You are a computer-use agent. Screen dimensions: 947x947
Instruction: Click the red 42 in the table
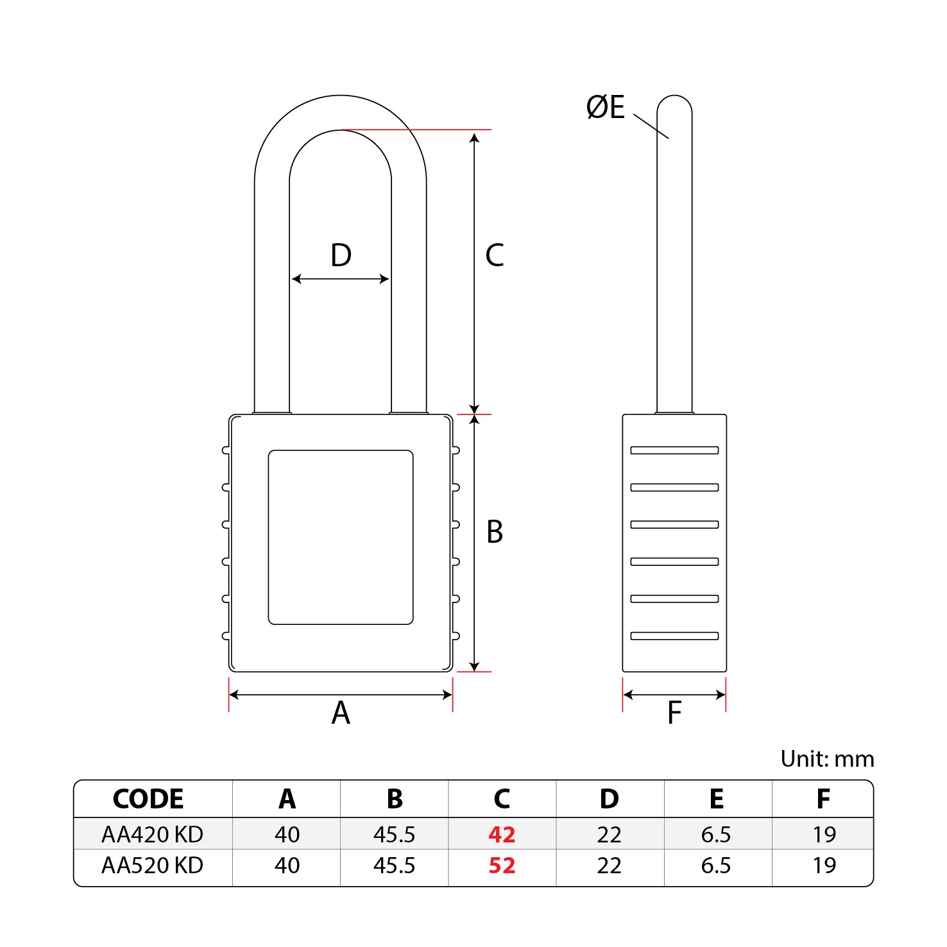click(502, 834)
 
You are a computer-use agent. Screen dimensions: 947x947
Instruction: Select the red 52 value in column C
click(502, 866)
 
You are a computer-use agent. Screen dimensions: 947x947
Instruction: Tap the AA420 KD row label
click(153, 834)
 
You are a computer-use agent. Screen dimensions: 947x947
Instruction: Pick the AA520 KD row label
click(153, 866)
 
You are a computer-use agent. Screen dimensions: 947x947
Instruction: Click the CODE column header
click(148, 799)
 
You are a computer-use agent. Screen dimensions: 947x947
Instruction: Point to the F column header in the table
click(824, 799)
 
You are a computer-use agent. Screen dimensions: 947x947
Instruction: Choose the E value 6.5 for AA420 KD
click(716, 834)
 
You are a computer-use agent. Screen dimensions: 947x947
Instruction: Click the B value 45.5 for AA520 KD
click(395, 866)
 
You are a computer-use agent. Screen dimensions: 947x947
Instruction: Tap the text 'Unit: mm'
click(828, 759)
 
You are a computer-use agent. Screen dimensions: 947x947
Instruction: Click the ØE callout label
click(606, 107)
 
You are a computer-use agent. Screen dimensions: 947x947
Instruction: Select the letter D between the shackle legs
click(341, 255)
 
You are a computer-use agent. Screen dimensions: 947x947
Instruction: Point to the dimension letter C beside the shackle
click(495, 255)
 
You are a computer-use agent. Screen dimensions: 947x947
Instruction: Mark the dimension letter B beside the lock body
click(495, 532)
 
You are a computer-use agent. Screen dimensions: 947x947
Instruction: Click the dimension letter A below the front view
click(341, 713)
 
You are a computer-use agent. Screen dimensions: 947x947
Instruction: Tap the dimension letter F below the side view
click(674, 713)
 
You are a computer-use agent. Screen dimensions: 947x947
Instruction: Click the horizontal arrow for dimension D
click(341, 279)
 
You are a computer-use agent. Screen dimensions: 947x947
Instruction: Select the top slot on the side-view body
click(674, 450)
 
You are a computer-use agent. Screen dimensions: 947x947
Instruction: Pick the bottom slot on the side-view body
click(674, 636)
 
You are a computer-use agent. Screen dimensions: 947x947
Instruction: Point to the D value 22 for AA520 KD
click(610, 866)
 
